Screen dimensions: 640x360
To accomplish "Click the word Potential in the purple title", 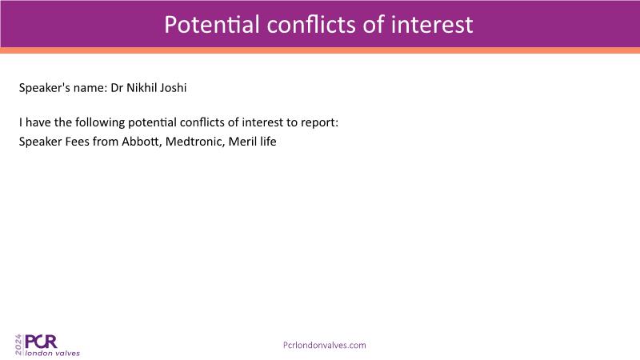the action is point(212,25).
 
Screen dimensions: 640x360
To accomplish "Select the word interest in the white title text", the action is point(432,25).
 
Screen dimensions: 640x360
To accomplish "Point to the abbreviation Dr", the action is point(117,88).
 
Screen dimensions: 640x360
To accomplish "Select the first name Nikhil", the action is point(141,88).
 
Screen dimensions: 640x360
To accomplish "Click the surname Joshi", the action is point(173,88).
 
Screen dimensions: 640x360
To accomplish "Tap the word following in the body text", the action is point(100,123).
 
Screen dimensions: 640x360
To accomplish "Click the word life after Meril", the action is point(268,142).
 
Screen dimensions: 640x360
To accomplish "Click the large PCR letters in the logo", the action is point(41,342).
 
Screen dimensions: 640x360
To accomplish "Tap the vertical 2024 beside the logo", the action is point(18,345).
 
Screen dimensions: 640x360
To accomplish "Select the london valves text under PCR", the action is point(52,353).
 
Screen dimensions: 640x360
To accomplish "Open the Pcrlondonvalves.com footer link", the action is point(325,346).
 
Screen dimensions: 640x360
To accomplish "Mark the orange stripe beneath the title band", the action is point(320,50).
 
